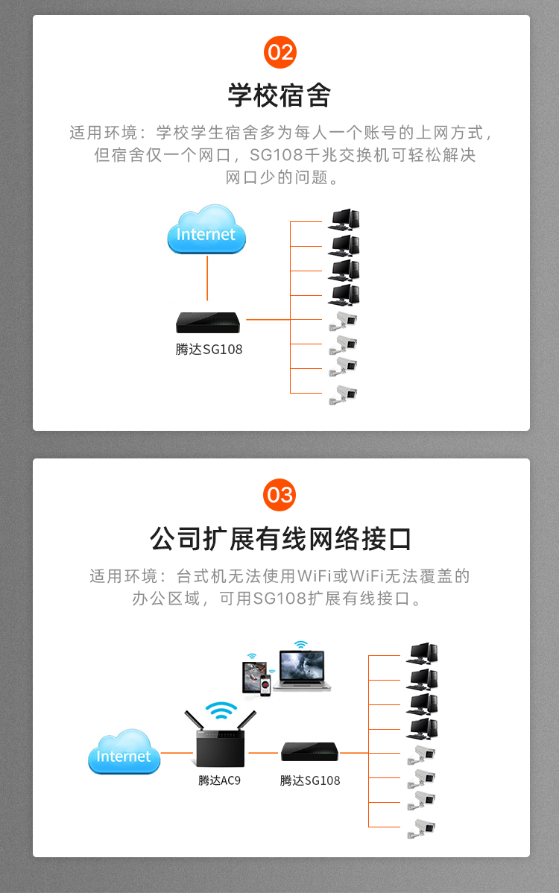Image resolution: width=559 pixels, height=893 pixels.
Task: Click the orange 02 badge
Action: coord(280,52)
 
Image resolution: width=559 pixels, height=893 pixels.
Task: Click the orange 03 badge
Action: coord(279,495)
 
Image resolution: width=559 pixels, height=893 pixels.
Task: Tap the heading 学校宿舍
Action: coord(279,95)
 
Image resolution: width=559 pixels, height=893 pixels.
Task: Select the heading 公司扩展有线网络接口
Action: coord(280,538)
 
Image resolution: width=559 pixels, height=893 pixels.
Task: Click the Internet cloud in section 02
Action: coord(206,230)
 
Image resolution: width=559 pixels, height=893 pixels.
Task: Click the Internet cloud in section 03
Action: coord(124,752)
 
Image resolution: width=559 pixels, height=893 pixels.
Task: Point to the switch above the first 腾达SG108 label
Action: coord(208,322)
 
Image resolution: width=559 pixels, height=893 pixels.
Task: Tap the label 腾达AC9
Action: coord(219,780)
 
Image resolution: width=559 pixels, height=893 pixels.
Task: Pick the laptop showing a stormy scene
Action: coord(303,670)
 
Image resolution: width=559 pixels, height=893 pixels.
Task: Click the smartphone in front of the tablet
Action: coord(265,685)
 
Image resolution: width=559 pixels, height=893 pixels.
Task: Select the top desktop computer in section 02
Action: coord(344,220)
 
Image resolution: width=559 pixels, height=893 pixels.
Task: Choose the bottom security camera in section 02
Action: coord(343,395)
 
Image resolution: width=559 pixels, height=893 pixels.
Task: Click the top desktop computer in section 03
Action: coord(422,654)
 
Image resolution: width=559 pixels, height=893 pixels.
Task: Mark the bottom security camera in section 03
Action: coord(421,830)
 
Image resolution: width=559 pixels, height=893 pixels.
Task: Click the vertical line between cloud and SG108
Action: coord(207,278)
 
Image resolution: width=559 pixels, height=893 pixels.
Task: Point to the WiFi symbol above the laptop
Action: coord(300,644)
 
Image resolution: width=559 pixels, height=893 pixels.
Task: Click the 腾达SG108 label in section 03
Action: coord(309,780)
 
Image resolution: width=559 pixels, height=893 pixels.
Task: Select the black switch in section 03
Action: coord(309,752)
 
